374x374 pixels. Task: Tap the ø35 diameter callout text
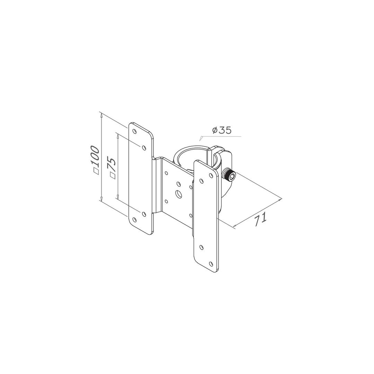222,130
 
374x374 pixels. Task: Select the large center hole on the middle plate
178,194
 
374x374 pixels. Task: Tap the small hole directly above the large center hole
178,184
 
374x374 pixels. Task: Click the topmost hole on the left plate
134,131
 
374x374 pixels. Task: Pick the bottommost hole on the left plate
134,220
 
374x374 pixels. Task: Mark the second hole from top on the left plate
144,148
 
